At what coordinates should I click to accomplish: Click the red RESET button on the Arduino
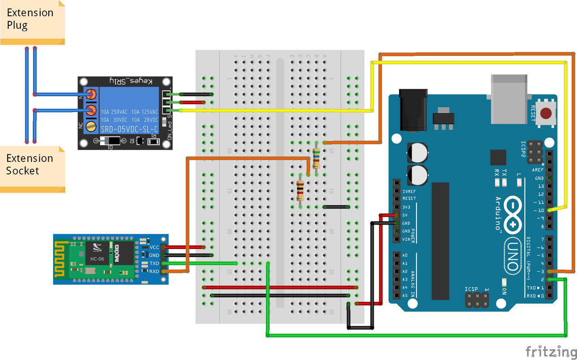point(547,113)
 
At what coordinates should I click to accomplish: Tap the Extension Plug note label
point(30,19)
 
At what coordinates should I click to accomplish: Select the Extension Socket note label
point(29,165)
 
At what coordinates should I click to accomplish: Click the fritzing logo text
point(551,351)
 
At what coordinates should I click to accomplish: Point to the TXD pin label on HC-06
point(154,263)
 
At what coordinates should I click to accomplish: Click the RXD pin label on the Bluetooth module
point(154,272)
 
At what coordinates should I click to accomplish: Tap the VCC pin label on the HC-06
point(154,247)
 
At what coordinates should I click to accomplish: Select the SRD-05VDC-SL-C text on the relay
point(129,129)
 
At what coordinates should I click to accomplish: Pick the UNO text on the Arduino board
point(513,255)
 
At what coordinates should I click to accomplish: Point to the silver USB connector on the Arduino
point(508,99)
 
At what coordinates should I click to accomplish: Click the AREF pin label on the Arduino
point(538,170)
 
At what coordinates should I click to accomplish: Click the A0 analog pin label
point(405,255)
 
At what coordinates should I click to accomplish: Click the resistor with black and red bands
point(300,190)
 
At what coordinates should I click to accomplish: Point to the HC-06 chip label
point(97,258)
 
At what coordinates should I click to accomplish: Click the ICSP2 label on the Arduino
point(523,149)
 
